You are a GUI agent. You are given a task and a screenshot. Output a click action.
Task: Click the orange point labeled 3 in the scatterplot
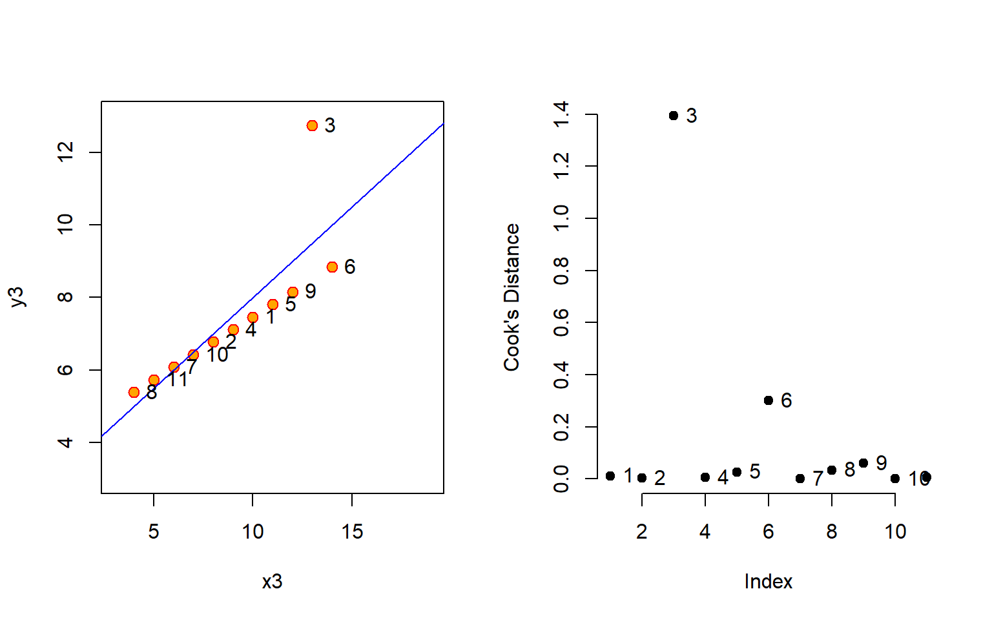click(x=313, y=125)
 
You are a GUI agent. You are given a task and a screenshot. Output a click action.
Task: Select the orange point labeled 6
click(x=332, y=267)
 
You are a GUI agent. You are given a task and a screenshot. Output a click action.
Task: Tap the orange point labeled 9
click(x=293, y=292)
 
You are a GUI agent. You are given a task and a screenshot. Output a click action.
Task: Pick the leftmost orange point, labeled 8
click(x=134, y=392)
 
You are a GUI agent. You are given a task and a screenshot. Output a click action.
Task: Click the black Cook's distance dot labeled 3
click(x=674, y=116)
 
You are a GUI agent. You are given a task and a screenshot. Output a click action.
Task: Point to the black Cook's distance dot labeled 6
click(x=769, y=400)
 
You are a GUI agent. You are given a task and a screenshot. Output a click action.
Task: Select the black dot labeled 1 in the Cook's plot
click(x=610, y=476)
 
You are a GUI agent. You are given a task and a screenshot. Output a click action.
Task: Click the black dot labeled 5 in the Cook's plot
click(x=737, y=472)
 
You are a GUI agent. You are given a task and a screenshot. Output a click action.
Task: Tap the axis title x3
click(x=272, y=582)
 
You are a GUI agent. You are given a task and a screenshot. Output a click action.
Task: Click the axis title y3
click(x=17, y=296)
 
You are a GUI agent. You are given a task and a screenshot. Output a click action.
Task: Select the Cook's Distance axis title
click(x=512, y=297)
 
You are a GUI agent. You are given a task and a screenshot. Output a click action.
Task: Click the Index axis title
click(x=768, y=582)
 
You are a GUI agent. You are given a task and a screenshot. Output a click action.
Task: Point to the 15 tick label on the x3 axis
click(x=352, y=532)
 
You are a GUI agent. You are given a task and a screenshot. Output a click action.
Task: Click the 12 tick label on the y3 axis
click(x=66, y=152)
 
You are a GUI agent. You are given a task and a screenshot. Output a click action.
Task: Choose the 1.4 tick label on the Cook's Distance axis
click(x=561, y=115)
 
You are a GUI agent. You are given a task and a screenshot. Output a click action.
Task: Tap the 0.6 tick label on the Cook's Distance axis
click(x=561, y=322)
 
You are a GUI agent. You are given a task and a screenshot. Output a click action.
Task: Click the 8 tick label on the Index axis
click(x=832, y=532)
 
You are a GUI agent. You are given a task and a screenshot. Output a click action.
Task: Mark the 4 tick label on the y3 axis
click(x=66, y=442)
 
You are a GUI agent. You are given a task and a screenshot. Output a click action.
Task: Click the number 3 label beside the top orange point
click(x=330, y=125)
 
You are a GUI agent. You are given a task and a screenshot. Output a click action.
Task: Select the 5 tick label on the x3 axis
click(x=154, y=532)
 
